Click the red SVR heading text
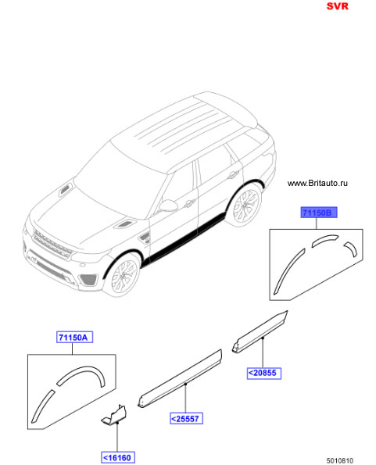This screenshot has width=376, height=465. (x=337, y=6)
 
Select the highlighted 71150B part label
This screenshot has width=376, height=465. (x=319, y=213)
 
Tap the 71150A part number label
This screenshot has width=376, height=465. (x=74, y=337)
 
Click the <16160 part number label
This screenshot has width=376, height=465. (x=118, y=457)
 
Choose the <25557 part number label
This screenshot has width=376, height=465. (x=186, y=418)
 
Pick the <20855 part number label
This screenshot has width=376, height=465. (x=264, y=373)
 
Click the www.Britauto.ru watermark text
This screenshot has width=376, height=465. (x=317, y=184)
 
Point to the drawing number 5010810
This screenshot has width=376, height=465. (x=340, y=460)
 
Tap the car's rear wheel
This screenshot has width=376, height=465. (x=245, y=206)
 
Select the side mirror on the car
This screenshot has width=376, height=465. (x=168, y=206)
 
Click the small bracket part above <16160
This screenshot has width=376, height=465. (x=114, y=414)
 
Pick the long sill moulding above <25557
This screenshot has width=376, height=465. (x=180, y=378)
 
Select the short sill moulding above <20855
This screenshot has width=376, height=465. (x=260, y=332)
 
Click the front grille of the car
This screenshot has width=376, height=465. (x=53, y=244)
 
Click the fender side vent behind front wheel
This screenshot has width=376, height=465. (x=145, y=238)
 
